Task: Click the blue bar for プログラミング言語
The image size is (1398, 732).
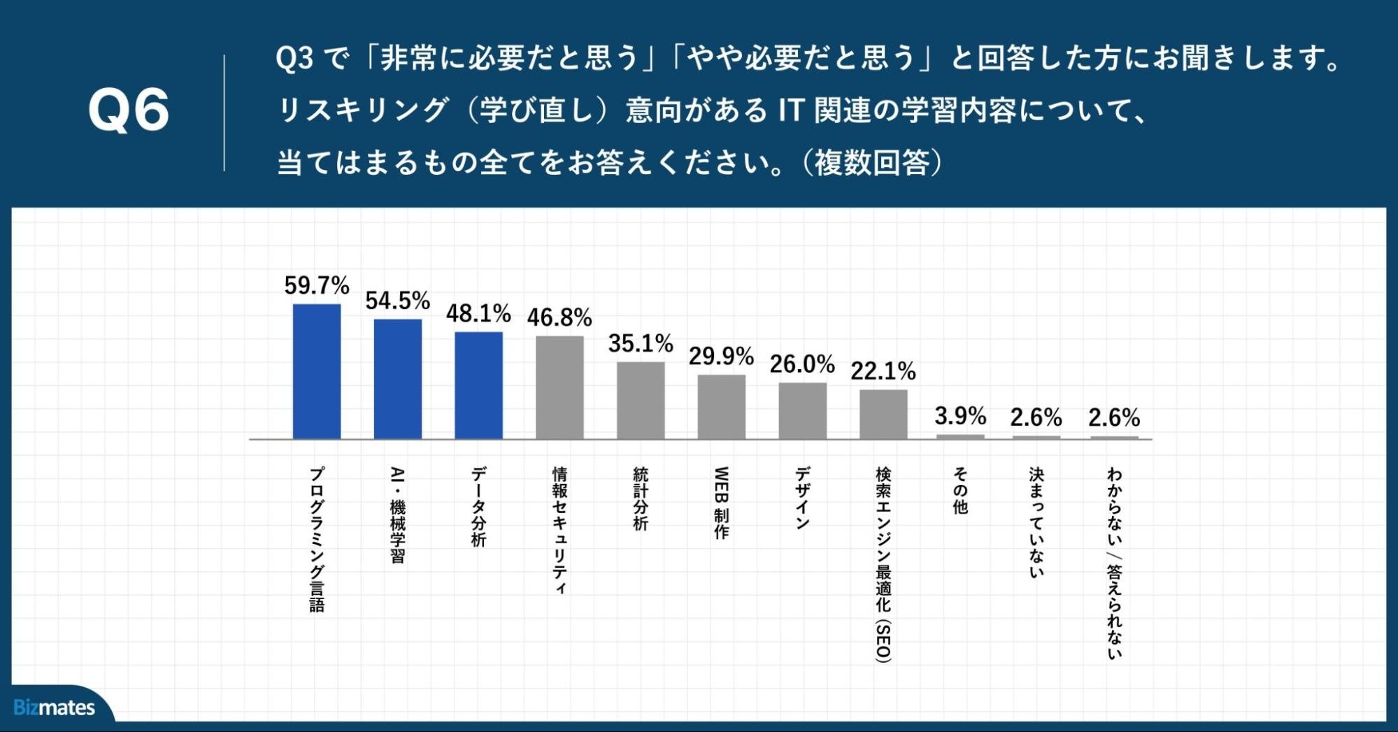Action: point(317,371)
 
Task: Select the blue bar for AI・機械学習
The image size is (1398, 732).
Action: point(398,379)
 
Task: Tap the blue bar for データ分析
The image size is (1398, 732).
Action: point(479,385)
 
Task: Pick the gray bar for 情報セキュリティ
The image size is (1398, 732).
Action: point(559,387)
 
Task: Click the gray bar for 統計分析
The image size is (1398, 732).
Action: point(641,401)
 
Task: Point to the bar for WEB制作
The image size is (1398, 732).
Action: point(722,407)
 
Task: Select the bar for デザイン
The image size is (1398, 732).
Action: point(803,411)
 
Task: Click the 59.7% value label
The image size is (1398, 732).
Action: point(317,285)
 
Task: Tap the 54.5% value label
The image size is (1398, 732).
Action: point(397,301)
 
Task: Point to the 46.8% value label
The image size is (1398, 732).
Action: point(559,317)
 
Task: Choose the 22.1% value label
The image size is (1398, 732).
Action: point(883,371)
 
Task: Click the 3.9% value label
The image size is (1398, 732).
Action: point(961,416)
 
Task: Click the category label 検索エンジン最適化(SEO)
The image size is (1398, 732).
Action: point(883,564)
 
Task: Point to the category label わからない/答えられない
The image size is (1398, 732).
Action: point(1114,563)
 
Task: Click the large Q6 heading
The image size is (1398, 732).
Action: point(129,110)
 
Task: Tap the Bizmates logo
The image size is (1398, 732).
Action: point(55,708)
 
